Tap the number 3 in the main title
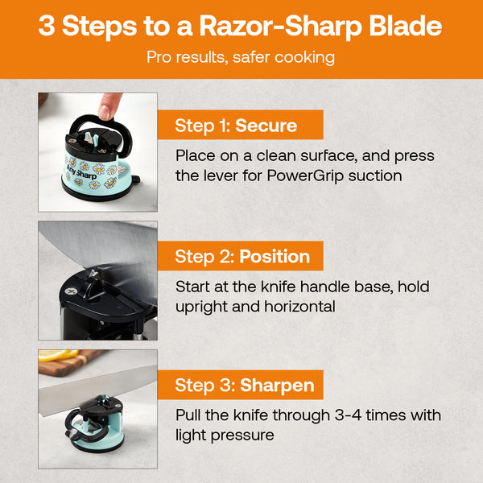[47, 26]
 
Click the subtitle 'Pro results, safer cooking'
[241, 58]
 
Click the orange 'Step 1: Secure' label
[237, 126]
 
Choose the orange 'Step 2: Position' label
[242, 257]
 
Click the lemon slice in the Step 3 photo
[55, 355]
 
